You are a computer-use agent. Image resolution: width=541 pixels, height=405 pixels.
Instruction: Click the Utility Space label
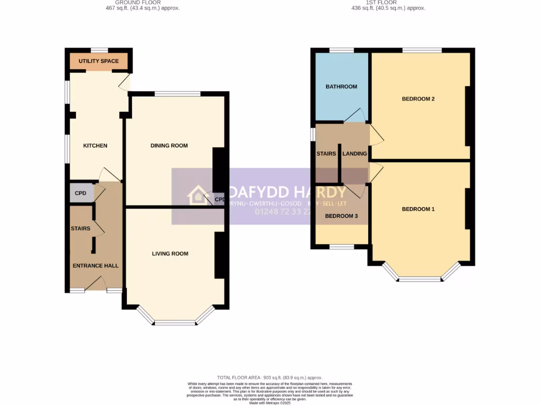[x=98, y=61]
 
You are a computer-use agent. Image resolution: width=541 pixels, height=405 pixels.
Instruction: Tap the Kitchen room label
[x=95, y=146]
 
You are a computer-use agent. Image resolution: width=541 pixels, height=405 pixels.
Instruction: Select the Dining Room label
[x=169, y=146]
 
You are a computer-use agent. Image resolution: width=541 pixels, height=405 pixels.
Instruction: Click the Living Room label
[x=170, y=254]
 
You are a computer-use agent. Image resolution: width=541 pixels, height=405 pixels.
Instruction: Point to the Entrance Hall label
[x=95, y=266]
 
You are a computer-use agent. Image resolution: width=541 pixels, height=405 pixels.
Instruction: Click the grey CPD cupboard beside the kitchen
[x=80, y=194]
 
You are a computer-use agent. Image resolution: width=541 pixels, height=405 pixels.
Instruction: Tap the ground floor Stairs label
[x=80, y=228]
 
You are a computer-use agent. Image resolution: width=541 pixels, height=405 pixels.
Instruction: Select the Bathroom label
[x=341, y=86]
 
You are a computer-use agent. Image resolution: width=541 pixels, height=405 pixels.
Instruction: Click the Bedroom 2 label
[x=418, y=99]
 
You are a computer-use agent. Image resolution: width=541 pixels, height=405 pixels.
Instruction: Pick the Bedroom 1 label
[x=418, y=209]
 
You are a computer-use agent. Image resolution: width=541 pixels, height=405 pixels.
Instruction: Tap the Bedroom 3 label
[x=341, y=216]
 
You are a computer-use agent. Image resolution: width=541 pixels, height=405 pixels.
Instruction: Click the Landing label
[x=355, y=154]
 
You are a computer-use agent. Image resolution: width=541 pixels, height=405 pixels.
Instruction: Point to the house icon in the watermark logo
[x=198, y=195]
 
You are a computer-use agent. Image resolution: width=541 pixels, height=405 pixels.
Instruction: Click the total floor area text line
[x=270, y=378]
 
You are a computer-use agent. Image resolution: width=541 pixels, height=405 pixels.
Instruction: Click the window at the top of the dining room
[x=178, y=94]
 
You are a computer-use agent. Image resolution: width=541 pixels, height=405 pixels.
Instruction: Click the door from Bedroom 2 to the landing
[x=376, y=136]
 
